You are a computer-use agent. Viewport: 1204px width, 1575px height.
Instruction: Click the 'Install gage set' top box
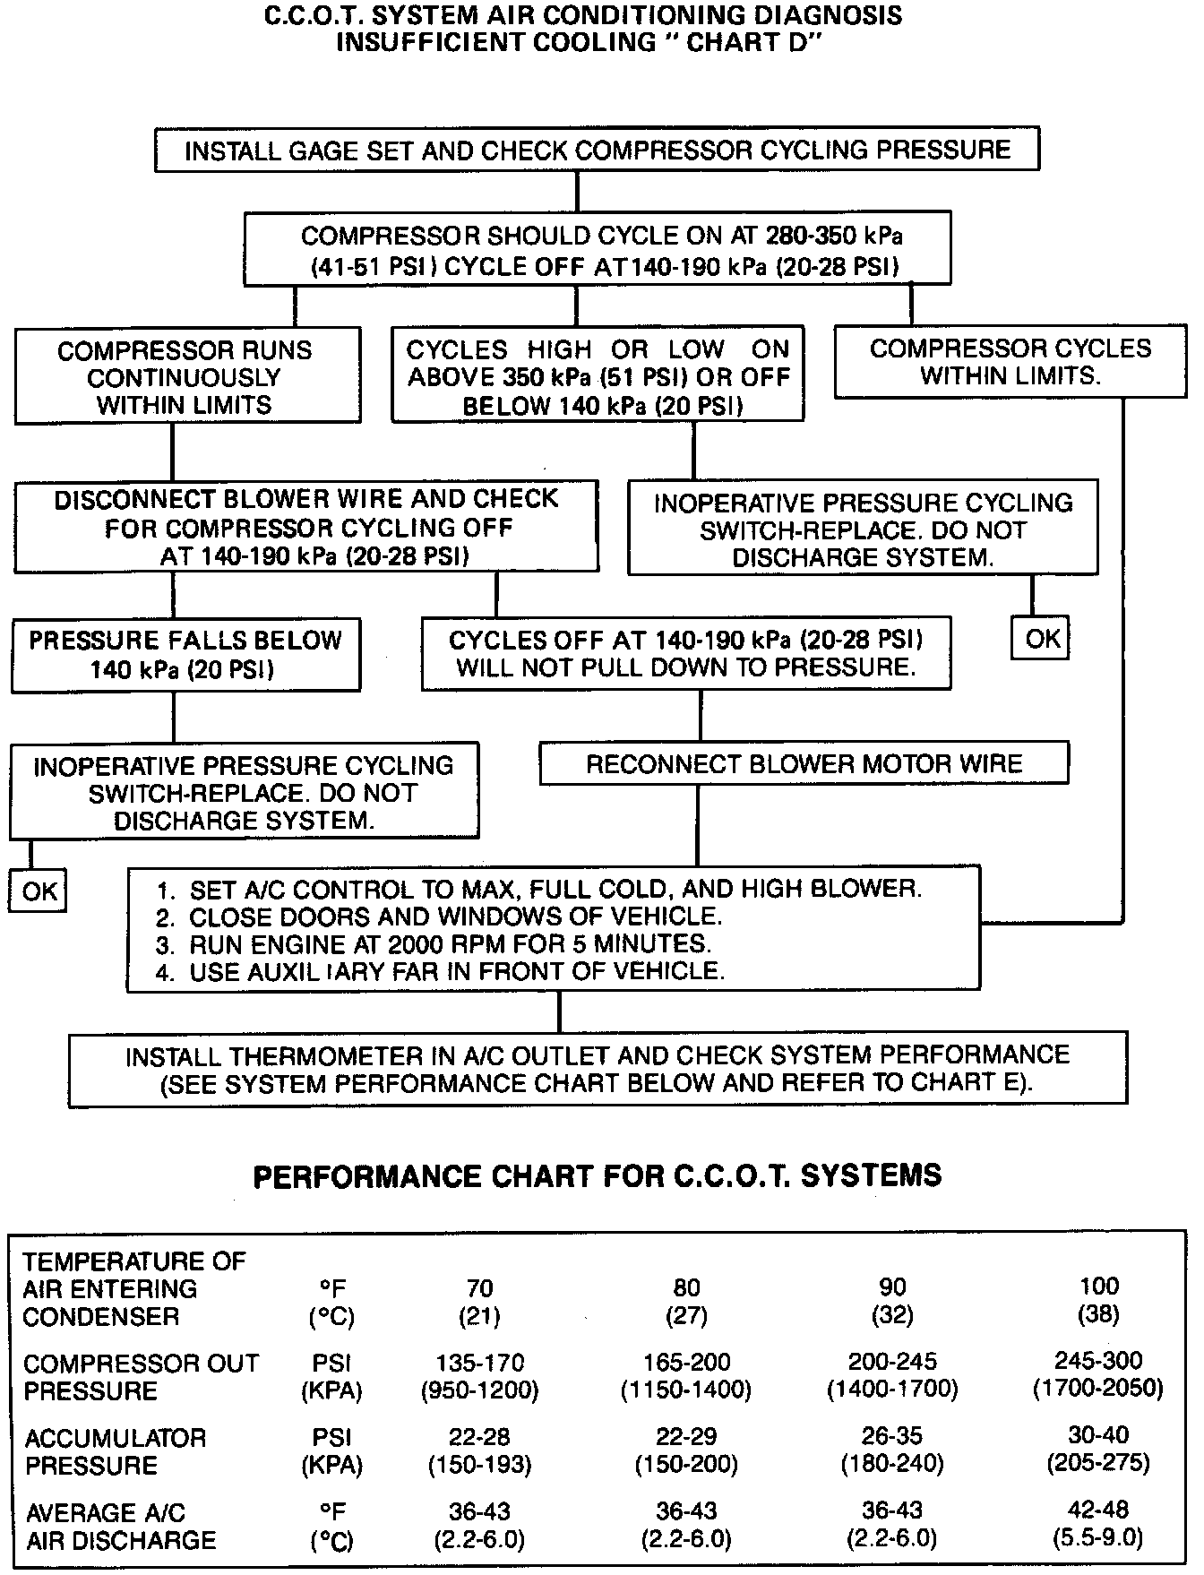597,150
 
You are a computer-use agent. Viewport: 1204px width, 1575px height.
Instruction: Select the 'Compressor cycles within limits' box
1010,362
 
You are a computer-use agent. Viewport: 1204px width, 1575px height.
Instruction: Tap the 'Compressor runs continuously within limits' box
187,377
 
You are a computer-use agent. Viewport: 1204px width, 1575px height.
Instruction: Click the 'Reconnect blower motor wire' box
804,764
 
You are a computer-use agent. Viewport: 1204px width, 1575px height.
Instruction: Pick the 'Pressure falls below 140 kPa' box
185,655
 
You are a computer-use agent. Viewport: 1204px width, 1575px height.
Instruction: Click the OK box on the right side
1042,639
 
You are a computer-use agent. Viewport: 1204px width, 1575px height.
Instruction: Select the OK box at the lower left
39,891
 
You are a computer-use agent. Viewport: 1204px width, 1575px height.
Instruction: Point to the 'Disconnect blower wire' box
305,527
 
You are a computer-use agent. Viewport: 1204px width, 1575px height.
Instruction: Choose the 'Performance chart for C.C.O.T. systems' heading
598,1175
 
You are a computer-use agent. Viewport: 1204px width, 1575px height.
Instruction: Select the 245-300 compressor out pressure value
1098,1362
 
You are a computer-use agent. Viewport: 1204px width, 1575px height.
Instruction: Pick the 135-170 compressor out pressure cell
480,1363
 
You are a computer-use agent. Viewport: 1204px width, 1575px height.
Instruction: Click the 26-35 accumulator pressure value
892,1436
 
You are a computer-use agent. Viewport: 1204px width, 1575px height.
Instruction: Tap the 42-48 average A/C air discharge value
1098,1510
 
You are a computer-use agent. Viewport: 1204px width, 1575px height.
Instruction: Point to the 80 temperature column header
686,1288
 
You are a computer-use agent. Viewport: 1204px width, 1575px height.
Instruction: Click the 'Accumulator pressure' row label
115,1451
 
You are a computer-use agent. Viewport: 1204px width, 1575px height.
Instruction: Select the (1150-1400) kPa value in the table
686,1390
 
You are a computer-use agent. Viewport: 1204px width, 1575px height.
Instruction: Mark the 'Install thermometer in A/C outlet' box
598,1069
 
